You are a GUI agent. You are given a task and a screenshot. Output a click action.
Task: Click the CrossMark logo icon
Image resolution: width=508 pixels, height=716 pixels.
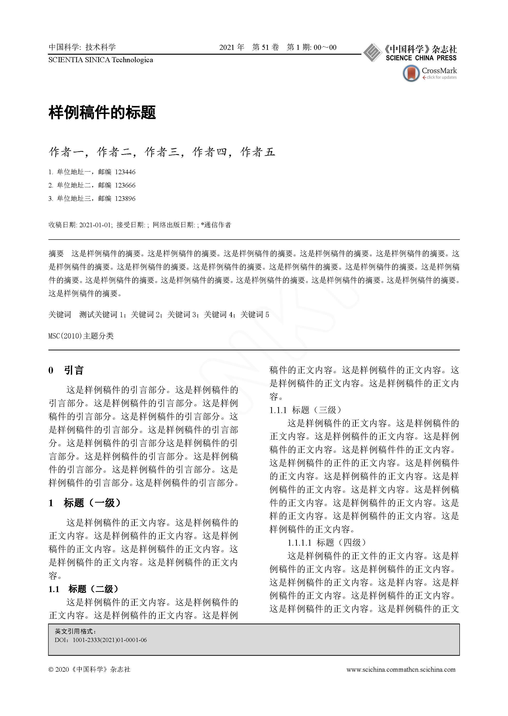point(411,73)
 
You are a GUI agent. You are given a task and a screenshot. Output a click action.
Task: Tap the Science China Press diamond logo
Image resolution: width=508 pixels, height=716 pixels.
point(372,52)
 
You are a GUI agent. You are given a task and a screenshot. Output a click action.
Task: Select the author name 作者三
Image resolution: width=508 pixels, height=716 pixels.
point(162,152)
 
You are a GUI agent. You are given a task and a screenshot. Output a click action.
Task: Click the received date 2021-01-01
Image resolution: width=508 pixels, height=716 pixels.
point(95,225)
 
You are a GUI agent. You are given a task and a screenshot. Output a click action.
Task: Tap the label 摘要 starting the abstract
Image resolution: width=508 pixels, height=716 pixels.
point(56,254)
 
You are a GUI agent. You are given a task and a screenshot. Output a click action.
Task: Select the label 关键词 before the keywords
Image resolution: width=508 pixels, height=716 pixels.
point(60,315)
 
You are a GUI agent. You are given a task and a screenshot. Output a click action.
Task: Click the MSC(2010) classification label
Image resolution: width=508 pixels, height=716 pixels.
point(81,336)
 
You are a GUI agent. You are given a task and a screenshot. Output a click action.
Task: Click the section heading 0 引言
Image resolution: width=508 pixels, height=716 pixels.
point(66,370)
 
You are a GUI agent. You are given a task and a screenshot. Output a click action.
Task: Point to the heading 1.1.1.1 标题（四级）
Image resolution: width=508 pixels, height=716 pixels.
point(327,542)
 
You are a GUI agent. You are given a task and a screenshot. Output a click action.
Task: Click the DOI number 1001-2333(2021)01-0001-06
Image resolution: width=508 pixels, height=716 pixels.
point(110,640)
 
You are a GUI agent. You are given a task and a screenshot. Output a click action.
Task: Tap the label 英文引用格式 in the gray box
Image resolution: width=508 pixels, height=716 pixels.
point(75,632)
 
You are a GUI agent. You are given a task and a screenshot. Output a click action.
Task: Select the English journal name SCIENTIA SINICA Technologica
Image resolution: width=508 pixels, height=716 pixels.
point(101,60)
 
